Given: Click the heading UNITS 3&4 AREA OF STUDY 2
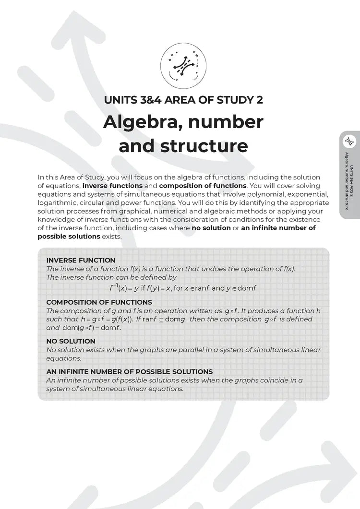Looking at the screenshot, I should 183,100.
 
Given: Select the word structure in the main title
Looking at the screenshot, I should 206,145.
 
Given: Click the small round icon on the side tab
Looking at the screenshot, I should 349,142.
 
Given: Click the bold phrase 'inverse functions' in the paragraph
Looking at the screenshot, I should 112,186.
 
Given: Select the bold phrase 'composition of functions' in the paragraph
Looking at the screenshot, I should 203,186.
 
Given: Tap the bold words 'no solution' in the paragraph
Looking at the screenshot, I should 211,228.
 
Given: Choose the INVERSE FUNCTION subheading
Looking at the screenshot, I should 81,260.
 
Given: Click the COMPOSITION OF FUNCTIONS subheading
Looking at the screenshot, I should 99,302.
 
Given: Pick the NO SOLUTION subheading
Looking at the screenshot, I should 71,341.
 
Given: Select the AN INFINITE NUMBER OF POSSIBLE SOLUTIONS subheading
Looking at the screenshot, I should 129,372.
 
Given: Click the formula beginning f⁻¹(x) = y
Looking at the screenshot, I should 183,288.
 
